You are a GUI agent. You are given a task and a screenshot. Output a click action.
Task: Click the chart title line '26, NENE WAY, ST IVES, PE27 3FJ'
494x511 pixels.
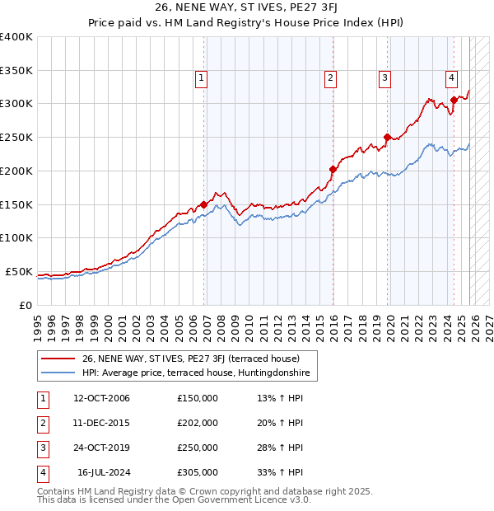[x=246, y=7]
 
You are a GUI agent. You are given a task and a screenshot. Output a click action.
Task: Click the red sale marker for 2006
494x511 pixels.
[x=203, y=204]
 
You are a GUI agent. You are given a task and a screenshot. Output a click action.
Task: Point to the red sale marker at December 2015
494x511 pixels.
[x=333, y=169]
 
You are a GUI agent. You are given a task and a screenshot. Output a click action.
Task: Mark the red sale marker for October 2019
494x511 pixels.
[x=387, y=137]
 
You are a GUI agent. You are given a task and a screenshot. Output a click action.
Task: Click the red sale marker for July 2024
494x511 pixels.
[x=454, y=101]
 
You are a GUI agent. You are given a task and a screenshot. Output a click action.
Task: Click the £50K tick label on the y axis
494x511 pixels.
[x=19, y=272]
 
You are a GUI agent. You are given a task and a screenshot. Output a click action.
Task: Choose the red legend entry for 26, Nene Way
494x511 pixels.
[x=196, y=359]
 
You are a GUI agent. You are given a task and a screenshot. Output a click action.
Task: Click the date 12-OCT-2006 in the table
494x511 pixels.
[x=101, y=398]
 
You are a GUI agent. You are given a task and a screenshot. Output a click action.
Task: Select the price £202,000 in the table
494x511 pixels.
[x=198, y=423]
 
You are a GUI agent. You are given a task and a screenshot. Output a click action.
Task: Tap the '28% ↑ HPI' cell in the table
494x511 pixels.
[x=280, y=448]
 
